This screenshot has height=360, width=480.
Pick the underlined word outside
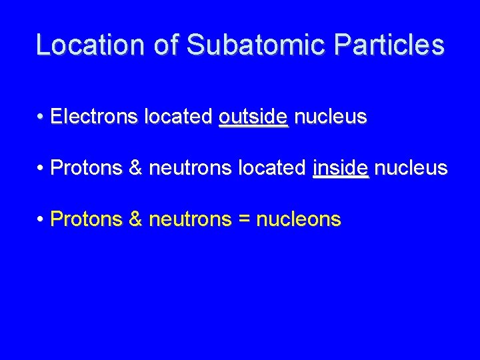pyautogui.click(x=253, y=117)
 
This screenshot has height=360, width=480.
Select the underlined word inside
pyautogui.click(x=340, y=168)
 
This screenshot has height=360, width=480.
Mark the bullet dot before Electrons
pyautogui.click(x=41, y=118)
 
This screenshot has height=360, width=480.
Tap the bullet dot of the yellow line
pyautogui.click(x=41, y=219)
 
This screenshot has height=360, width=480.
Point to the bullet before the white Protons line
pyautogui.click(x=41, y=169)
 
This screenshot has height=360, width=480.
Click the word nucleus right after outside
pyautogui.click(x=330, y=117)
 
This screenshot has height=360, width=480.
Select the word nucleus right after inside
pyautogui.click(x=411, y=168)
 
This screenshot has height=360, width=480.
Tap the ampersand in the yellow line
pyautogui.click(x=135, y=219)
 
